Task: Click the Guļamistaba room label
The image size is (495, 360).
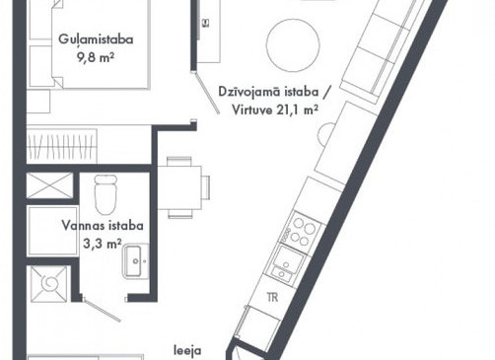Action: point(96,39)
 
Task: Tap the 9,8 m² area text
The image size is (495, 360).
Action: point(96,58)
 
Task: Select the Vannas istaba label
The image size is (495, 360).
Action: point(103,226)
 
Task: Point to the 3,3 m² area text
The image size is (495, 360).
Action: point(103,244)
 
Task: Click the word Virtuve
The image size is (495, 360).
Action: point(252,109)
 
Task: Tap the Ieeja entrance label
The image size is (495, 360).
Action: point(187,351)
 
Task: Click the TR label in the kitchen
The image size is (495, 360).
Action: point(272,298)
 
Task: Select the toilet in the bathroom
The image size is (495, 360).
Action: point(106,194)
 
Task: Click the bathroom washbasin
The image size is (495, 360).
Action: point(135,261)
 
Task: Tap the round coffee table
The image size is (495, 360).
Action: point(293,45)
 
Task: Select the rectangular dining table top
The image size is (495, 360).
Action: point(179,187)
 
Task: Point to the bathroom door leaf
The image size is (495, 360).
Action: point(102,310)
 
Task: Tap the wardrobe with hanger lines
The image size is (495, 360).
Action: point(62,146)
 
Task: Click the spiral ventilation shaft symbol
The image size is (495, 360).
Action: point(49,284)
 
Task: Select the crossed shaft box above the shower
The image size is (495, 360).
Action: point(49,185)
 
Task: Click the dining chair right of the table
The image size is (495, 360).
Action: point(206,187)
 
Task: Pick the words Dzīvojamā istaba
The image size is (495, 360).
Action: point(268,92)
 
